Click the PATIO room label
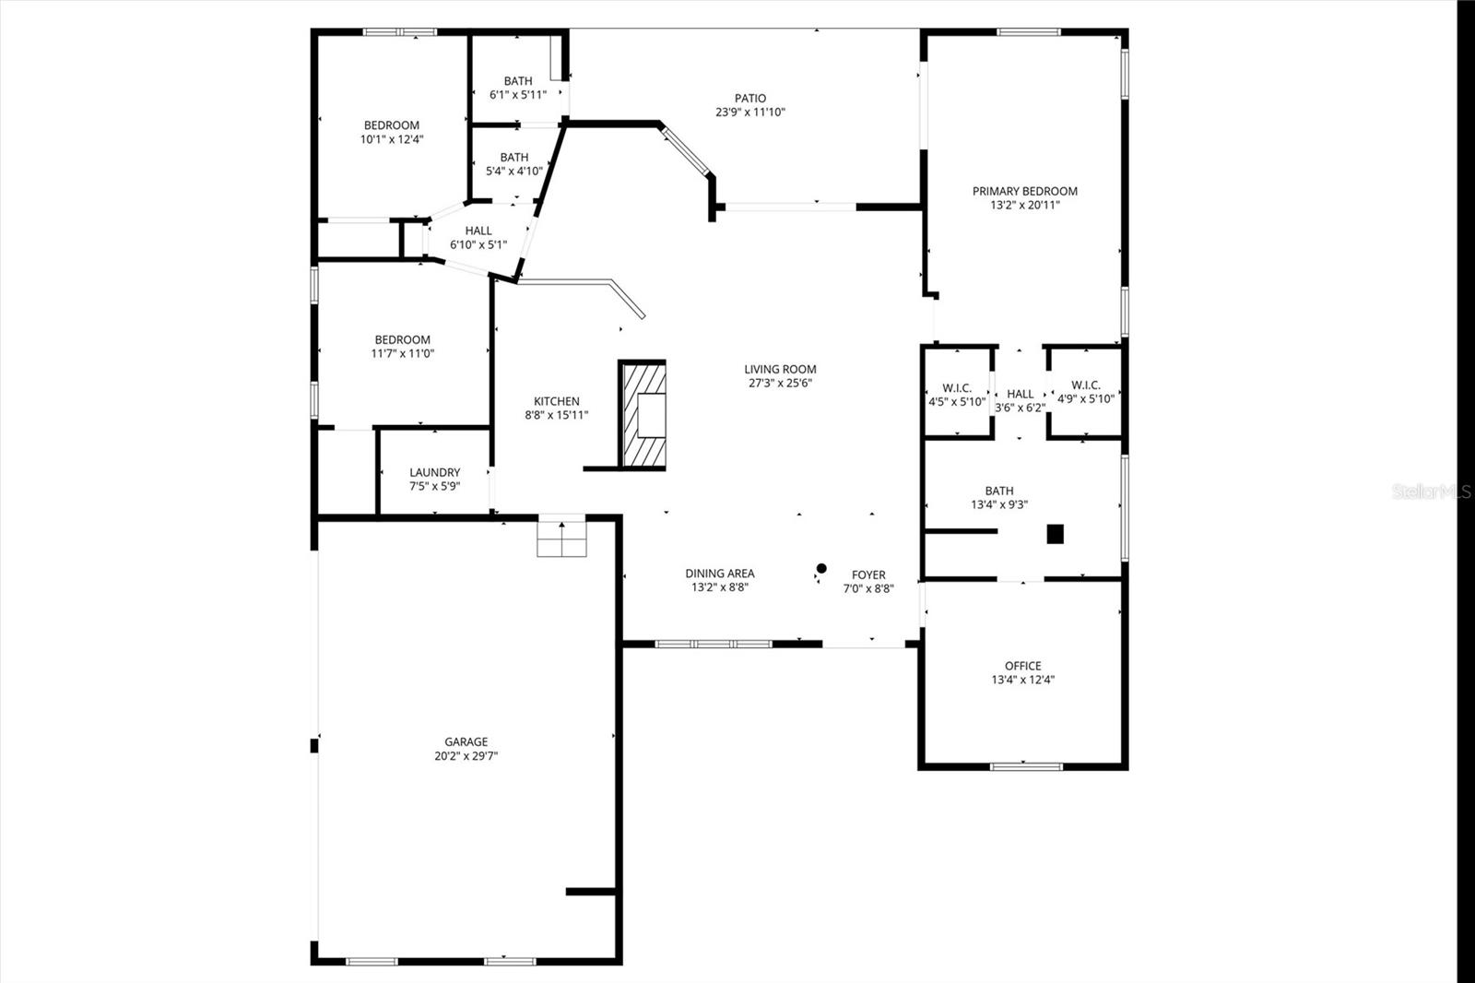(749, 98)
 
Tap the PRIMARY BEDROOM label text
(1024, 191)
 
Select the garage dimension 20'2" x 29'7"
(466, 756)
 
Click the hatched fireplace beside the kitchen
(643, 414)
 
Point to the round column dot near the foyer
(821, 568)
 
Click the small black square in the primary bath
(1055, 534)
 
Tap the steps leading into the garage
(561, 538)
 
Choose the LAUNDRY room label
(434, 472)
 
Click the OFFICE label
(1022, 666)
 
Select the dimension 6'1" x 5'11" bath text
(518, 94)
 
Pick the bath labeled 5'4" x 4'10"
(514, 164)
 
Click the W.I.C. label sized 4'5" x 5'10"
(957, 394)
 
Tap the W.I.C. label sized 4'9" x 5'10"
(1085, 392)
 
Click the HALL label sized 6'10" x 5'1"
(478, 238)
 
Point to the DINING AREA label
(719, 574)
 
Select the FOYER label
(868, 574)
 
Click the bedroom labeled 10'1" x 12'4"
(392, 132)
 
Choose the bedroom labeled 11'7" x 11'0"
(402, 347)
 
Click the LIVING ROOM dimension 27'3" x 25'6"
(780, 383)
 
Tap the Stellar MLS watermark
(1431, 491)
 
